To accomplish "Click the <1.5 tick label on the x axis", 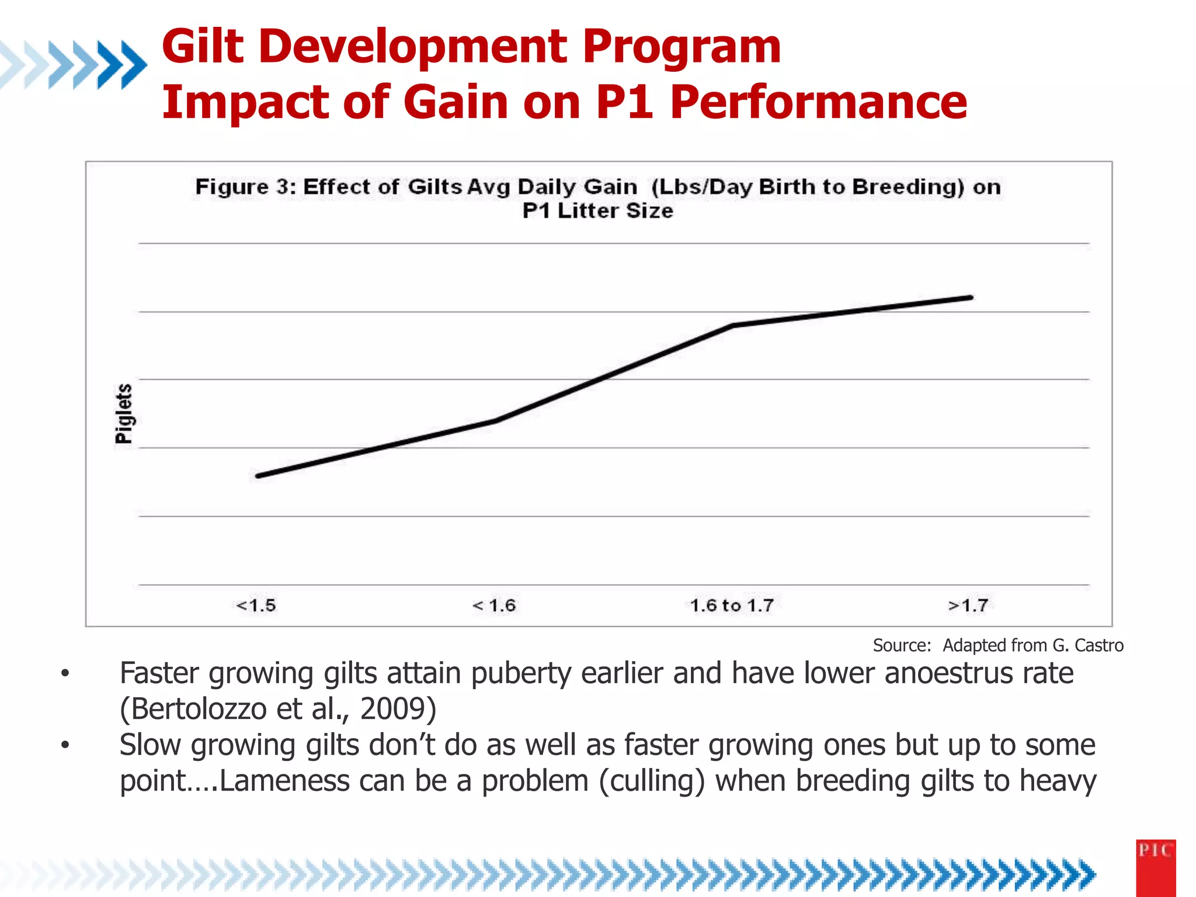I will tap(256, 606).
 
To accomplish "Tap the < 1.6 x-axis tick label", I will tap(494, 606).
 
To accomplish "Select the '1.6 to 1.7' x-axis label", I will tap(732, 606).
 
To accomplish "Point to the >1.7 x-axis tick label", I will tap(968, 606).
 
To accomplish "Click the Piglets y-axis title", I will tap(124, 413).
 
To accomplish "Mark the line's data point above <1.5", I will tap(258, 476).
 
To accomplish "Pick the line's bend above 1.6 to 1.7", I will tap(733, 325).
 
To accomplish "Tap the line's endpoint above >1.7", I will tap(971, 297).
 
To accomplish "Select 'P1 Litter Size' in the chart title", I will tap(597, 211).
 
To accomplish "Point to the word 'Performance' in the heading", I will tap(818, 103).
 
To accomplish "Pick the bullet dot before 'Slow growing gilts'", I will tap(65, 745).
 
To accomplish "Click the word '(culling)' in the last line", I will tap(652, 781).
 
